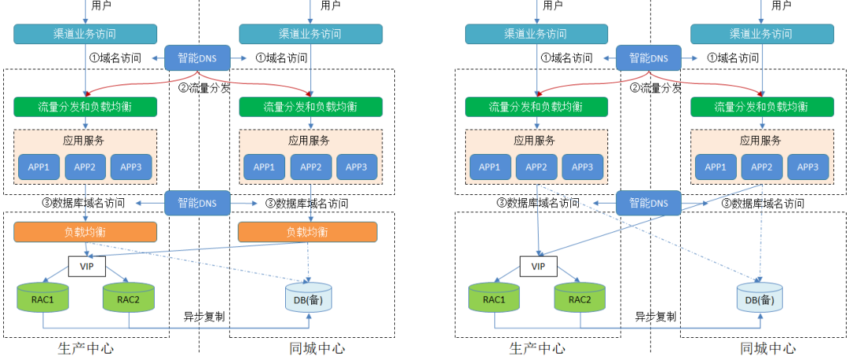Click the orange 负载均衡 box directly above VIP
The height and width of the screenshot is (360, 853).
(x=85, y=232)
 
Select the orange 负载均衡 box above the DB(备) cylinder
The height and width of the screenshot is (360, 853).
(x=307, y=232)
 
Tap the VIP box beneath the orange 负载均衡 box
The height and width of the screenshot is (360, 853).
(x=87, y=267)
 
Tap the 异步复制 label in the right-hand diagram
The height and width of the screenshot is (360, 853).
(x=656, y=317)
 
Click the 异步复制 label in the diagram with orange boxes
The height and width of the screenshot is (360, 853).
(x=204, y=317)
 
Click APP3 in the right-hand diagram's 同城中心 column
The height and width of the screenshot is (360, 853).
(x=808, y=167)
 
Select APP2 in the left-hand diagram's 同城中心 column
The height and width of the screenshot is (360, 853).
(x=311, y=167)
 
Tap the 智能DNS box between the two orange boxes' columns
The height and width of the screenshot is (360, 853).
(x=197, y=203)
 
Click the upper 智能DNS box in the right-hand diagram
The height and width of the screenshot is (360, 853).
(x=648, y=58)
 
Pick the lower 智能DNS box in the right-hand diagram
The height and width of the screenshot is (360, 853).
(x=648, y=203)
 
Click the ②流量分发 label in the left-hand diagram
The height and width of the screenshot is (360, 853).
(x=204, y=88)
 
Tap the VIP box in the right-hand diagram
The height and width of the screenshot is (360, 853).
(x=539, y=267)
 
